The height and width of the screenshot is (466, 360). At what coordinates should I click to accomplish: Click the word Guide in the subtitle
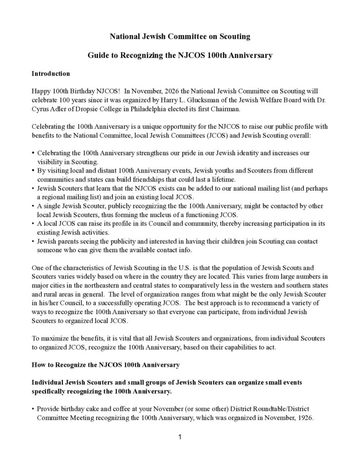click(98, 56)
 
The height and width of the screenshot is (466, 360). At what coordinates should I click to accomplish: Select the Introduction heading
click(51, 73)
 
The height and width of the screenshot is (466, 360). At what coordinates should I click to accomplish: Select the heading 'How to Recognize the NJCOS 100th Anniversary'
click(106, 365)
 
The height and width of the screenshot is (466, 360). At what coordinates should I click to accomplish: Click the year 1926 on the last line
click(304, 417)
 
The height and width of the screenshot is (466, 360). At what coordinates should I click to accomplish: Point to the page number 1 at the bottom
click(180, 437)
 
